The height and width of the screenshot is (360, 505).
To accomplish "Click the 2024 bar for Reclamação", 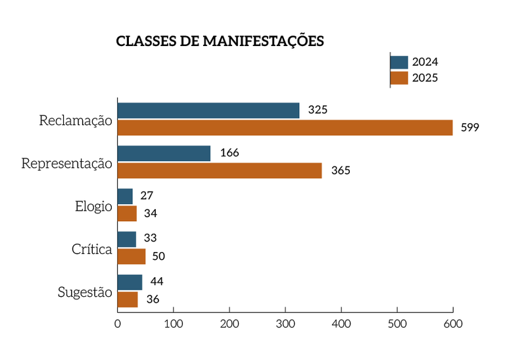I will coord(208,111).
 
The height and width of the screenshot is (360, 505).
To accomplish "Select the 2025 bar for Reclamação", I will coord(285,128).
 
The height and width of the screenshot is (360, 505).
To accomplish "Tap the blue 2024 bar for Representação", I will coord(164,153).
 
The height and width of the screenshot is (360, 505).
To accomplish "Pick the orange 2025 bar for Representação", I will coord(220,170).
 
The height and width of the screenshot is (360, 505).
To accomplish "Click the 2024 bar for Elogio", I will coord(125,196).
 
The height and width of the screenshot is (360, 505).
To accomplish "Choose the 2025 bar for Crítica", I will coord(132,256).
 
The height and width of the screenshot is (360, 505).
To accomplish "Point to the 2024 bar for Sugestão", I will coord(130,282).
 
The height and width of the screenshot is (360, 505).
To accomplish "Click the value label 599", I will coord(469,128).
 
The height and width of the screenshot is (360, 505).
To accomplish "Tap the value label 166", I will coord(229,153).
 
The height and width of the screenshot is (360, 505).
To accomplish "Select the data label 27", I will coord(147,196).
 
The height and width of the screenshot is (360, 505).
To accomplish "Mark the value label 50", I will coord(158,257).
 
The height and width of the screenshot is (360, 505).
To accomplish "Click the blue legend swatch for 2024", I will coord(399,63).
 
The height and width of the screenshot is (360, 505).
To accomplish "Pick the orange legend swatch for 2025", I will coord(399,78).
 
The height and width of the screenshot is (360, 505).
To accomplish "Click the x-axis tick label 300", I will coord(285,324).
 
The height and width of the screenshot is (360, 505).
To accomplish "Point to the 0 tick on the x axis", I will coord(118,324).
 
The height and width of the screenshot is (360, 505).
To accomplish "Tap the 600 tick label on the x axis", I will coord(453,324).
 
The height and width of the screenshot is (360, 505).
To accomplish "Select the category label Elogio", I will coord(93,206).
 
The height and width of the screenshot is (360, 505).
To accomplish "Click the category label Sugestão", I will coord(85,292).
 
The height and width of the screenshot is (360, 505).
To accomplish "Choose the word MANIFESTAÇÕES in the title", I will coord(263,41).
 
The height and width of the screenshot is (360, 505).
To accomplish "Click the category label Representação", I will coord(67,163).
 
